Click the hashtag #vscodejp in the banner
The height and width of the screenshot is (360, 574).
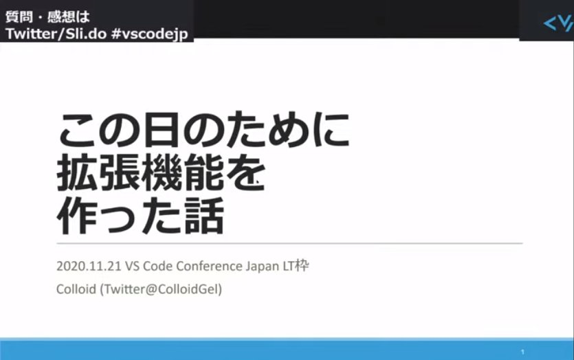tap(150, 34)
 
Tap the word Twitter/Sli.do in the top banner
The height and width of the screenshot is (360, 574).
tap(56, 34)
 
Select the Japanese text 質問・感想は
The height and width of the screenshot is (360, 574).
tap(47, 16)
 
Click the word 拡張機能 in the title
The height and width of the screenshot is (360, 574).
tap(140, 172)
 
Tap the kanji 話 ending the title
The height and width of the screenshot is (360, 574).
tap(205, 216)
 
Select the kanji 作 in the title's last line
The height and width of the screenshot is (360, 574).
tap(76, 216)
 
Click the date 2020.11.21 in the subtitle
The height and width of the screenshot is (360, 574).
tap(89, 266)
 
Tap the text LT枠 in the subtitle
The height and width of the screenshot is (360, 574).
tap(296, 266)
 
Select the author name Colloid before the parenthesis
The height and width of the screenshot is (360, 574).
tap(76, 289)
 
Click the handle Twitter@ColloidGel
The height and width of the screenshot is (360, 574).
tap(161, 289)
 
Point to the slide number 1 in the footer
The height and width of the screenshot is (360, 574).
tap(522, 352)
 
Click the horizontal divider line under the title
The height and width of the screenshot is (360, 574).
tap(289, 243)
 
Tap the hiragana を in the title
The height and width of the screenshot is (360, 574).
tap(246, 172)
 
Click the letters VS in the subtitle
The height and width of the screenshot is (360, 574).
tap(132, 266)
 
